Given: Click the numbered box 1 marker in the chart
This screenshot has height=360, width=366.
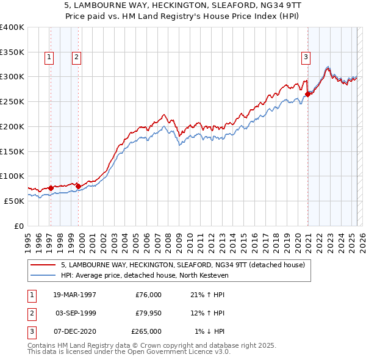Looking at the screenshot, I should [x=49, y=58].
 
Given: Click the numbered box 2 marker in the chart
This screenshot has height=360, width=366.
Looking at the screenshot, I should [x=76, y=58].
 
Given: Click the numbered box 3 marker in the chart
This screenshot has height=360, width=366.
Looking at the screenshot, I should [x=306, y=58].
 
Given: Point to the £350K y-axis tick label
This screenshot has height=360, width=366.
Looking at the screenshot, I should [x=12, y=52].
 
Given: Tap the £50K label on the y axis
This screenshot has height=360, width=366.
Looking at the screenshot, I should [x=15, y=201].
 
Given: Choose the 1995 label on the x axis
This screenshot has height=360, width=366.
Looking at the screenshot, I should [x=28, y=242].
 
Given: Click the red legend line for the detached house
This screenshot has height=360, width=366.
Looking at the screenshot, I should [x=43, y=265].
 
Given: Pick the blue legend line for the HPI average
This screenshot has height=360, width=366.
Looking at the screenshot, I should [x=43, y=275].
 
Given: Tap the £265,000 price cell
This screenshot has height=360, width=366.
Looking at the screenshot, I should [x=146, y=331].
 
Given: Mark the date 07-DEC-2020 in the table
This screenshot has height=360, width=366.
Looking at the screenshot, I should [x=73, y=331].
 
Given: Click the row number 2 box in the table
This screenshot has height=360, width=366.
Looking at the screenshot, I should [x=31, y=313].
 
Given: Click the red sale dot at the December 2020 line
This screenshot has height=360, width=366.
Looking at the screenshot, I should [x=308, y=94].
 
